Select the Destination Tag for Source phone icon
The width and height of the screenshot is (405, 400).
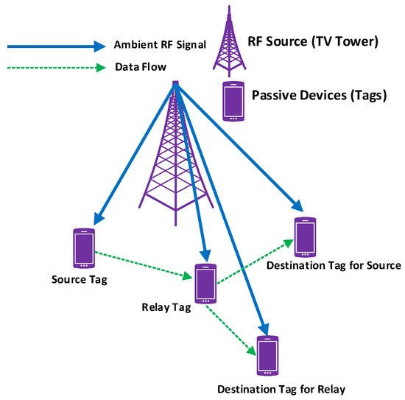[x=305, y=236]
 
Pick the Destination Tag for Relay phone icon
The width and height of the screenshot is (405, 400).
[x=267, y=356]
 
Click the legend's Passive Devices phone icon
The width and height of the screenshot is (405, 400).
[x=233, y=101]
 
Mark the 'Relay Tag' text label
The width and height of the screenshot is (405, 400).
[x=166, y=305]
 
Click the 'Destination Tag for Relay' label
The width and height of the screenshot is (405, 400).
[x=281, y=388]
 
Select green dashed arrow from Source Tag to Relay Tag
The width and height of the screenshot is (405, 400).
[x=144, y=263]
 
